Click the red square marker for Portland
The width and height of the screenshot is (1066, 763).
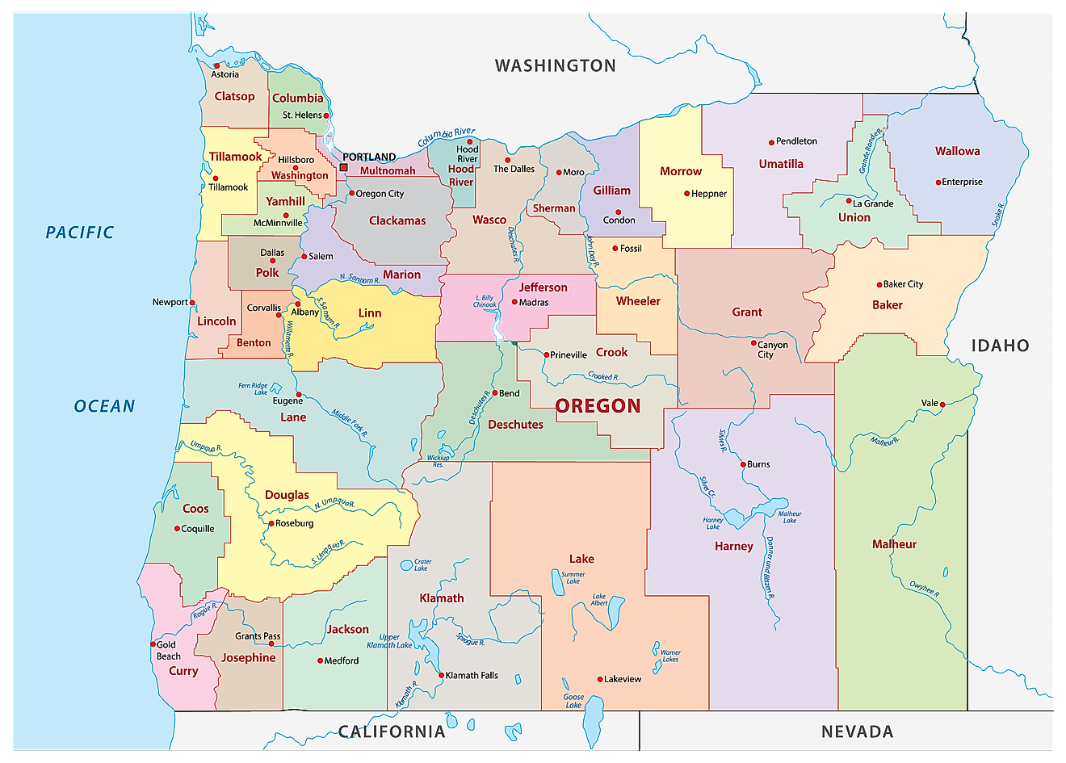(x=343, y=167)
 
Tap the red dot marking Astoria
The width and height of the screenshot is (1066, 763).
(x=216, y=65)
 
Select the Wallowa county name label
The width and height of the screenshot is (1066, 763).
(x=957, y=151)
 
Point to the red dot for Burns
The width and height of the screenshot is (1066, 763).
(x=743, y=464)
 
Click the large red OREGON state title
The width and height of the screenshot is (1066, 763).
(x=598, y=406)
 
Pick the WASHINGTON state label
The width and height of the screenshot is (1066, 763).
(x=555, y=65)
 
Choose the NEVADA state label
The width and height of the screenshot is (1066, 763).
(x=857, y=732)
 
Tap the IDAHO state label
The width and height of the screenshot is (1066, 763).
(x=1000, y=346)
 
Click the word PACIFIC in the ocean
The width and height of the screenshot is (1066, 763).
(x=80, y=233)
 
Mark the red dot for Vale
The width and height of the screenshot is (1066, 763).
(x=942, y=405)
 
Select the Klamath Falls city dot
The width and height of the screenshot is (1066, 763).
(x=440, y=675)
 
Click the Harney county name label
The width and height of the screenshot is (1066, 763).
(x=733, y=547)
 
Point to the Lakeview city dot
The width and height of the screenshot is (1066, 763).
(x=600, y=679)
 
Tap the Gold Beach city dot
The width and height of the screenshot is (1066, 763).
(x=153, y=644)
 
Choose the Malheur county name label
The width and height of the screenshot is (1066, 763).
(x=894, y=544)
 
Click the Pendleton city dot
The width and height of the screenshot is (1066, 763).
(x=771, y=142)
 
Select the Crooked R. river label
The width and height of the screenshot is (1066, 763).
(x=603, y=376)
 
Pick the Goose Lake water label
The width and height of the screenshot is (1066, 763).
(x=573, y=701)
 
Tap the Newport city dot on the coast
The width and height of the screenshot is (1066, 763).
(x=192, y=303)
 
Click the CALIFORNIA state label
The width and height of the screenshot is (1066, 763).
(x=392, y=732)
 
